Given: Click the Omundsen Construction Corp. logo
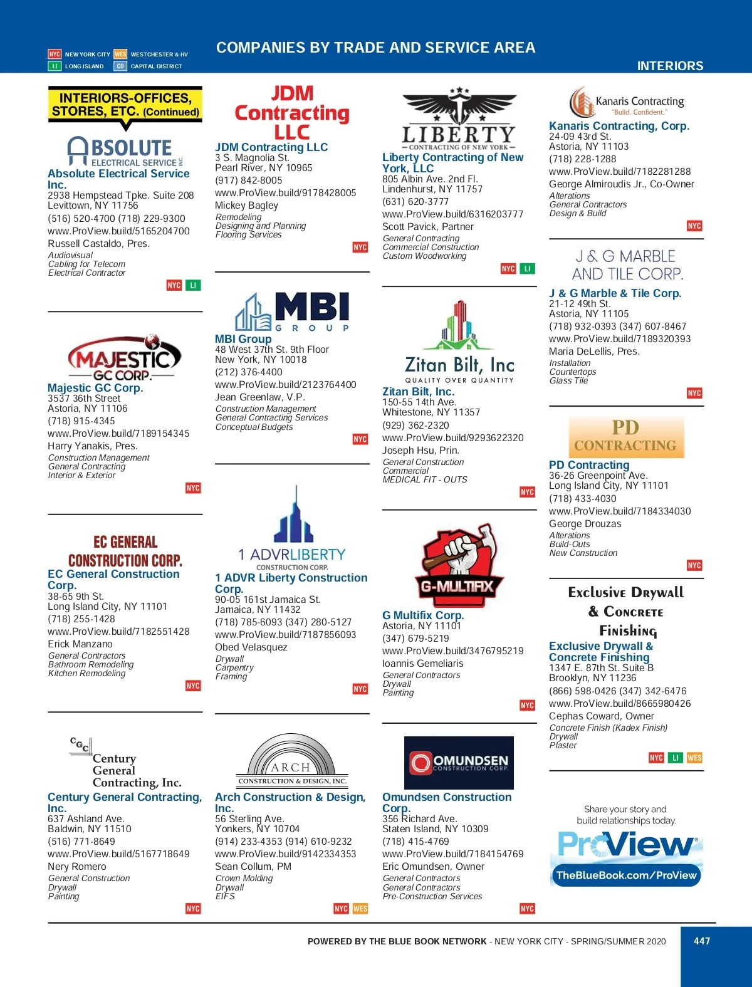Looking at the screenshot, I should (x=459, y=763).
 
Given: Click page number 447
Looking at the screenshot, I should (x=702, y=941).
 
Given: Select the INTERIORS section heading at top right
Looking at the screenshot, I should (x=670, y=66).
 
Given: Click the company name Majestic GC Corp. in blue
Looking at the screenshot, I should (x=95, y=388).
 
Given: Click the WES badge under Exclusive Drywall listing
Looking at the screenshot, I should (x=694, y=758).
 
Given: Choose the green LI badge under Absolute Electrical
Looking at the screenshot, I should (x=193, y=285).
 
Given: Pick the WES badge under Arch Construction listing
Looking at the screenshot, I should (x=360, y=909).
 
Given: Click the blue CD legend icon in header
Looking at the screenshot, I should (x=120, y=66).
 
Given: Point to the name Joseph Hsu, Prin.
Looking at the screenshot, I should (x=420, y=450).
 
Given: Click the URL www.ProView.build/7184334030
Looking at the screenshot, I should (x=620, y=511).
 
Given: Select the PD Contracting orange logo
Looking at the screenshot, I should (x=625, y=437).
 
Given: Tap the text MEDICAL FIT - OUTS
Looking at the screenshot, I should (x=425, y=479).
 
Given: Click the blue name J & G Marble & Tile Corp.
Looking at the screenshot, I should (x=615, y=293).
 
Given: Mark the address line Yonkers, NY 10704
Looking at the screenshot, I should (x=257, y=828).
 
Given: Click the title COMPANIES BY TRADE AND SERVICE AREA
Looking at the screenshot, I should (x=375, y=48).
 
